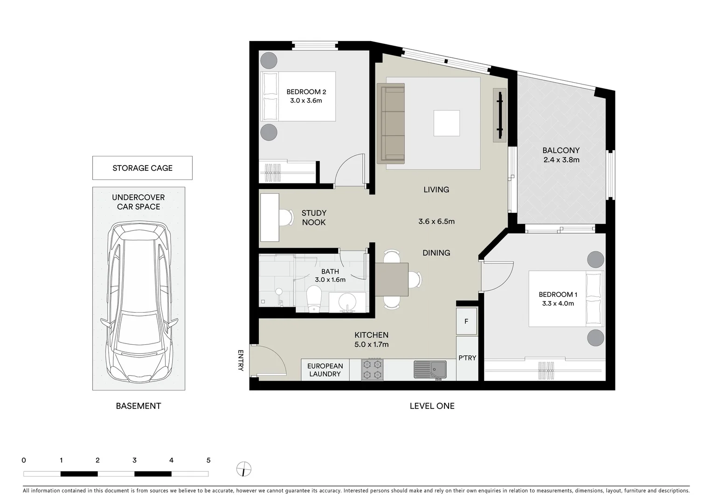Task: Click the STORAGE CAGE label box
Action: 142,168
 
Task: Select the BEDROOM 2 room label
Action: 306,96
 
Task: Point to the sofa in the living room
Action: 391,124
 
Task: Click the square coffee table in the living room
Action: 446,123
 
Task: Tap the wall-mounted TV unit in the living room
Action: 499,115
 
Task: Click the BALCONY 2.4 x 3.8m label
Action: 561,155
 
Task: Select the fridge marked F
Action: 466,321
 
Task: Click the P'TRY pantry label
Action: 467,358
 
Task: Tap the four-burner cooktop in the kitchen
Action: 372,369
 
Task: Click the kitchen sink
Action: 429,370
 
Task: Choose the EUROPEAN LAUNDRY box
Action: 325,370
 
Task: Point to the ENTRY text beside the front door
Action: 241,360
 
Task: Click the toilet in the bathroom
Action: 314,298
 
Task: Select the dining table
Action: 392,279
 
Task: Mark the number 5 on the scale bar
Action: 208,460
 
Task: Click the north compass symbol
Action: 243,469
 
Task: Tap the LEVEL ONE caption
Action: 432,406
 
